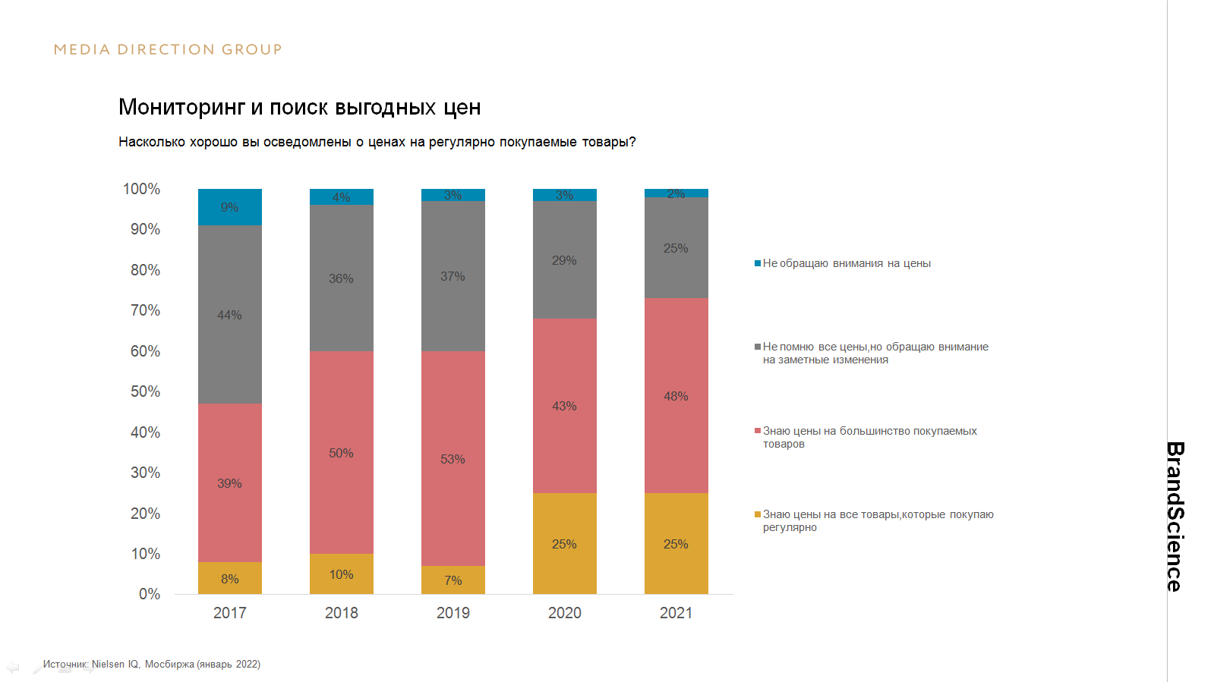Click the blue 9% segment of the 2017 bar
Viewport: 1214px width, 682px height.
coord(229,207)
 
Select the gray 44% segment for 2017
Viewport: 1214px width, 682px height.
coord(229,314)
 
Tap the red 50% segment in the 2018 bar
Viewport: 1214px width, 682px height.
coord(341,452)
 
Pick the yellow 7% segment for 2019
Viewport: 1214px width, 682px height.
coord(452,580)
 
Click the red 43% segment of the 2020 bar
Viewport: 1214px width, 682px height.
coord(564,406)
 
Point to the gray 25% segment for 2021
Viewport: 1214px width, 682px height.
coord(676,248)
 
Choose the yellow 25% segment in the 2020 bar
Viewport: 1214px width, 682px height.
coord(564,543)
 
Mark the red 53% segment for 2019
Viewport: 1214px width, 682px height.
coord(452,458)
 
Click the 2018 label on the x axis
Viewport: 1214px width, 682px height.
coord(341,613)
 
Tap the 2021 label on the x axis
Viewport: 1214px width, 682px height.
coord(676,613)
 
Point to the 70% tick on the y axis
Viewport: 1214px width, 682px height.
coord(145,310)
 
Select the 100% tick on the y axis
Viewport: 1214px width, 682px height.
coord(141,189)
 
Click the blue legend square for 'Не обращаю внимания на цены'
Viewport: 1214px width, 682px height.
coord(758,263)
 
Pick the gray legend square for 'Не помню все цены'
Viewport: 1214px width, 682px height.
coord(758,347)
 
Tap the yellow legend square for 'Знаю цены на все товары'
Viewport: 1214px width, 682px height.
coord(758,514)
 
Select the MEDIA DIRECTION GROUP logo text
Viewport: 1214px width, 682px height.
coord(168,50)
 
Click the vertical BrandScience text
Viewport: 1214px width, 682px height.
coord(1175,516)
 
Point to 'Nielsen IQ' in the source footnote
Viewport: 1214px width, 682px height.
coord(115,665)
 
